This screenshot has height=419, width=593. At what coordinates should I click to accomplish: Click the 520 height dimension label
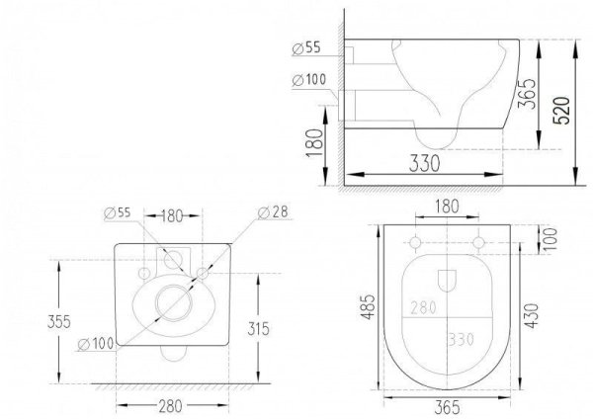coord(561,111)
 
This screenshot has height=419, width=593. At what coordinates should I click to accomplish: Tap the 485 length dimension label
coord(368,306)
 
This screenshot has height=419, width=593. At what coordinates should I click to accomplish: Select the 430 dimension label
coord(532,315)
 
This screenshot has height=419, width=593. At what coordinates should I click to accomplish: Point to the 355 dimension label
coord(59,322)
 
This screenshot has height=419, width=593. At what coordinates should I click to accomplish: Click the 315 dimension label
coord(259,329)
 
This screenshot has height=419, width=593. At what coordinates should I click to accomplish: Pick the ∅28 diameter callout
coord(273,212)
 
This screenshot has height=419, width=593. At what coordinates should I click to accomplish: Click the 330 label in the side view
coord(425,163)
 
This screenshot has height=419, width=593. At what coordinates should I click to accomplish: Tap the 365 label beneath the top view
coord(448,407)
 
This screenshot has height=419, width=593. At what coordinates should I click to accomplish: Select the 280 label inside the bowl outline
coord(424,307)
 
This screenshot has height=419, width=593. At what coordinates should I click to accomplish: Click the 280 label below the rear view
coord(171,406)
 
